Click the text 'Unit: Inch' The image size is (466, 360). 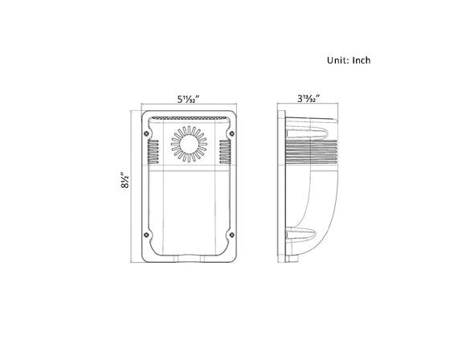click(x=349, y=60)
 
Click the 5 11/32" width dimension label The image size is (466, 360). click(x=189, y=99)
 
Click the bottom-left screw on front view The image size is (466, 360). click(x=145, y=235)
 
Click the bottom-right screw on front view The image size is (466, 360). click(x=233, y=235)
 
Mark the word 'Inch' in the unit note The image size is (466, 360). click(x=360, y=60)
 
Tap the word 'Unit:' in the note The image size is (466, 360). click(x=338, y=60)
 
